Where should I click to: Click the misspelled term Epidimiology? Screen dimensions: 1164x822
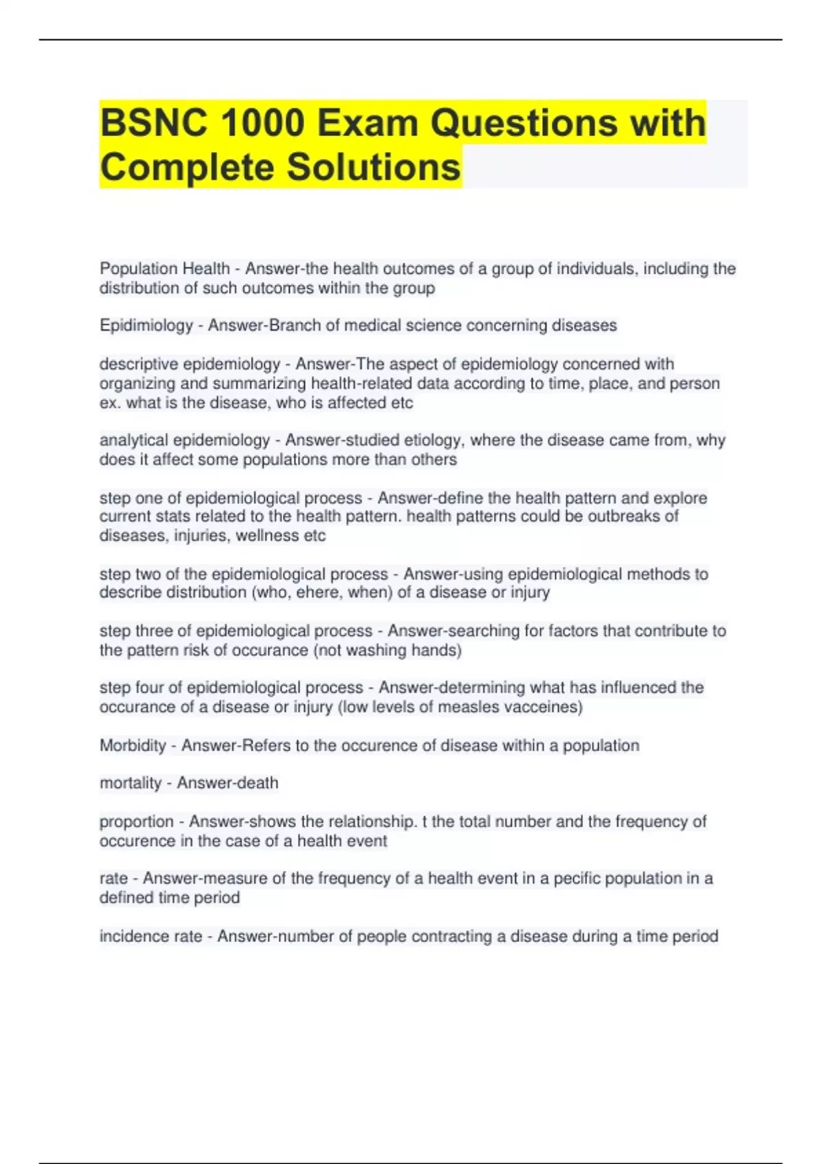pyautogui.click(x=146, y=326)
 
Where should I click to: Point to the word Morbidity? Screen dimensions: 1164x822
pyautogui.click(x=133, y=746)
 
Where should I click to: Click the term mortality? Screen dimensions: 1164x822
pyautogui.click(x=130, y=783)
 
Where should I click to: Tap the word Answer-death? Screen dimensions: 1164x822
pyautogui.click(x=227, y=783)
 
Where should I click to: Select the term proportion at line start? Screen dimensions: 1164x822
pyautogui.click(x=136, y=822)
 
